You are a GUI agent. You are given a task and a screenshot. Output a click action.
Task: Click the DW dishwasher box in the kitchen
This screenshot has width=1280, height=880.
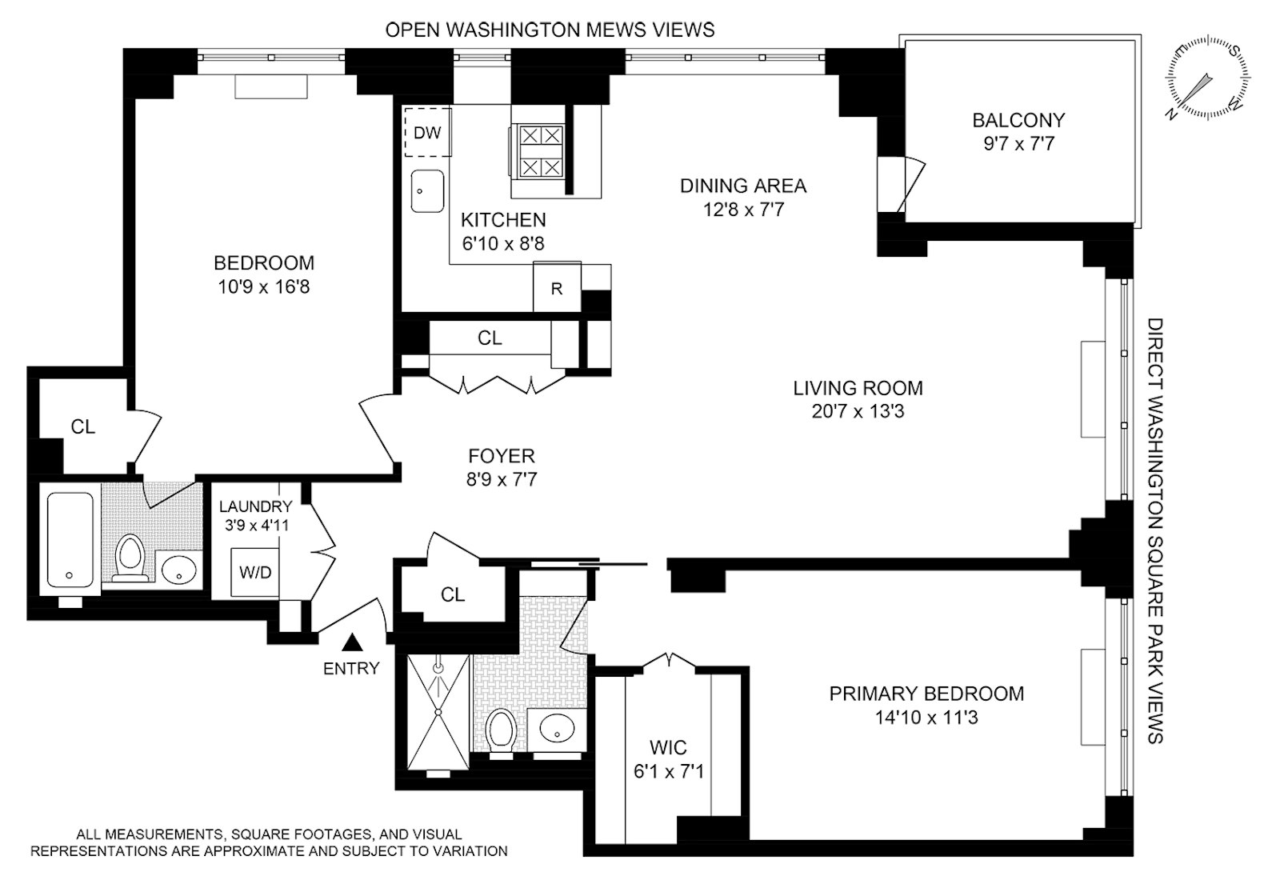pos(427,133)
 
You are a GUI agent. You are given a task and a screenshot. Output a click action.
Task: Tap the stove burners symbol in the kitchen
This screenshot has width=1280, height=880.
pos(541,151)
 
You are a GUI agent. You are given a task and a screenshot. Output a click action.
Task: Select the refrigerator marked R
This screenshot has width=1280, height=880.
pos(557,288)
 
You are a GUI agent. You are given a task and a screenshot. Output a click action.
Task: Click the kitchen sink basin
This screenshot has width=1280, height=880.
pos(427,191)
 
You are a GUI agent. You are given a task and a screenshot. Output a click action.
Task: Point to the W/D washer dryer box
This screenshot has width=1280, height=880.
pos(255,572)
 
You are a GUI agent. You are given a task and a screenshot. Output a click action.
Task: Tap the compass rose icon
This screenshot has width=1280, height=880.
pos(1207,78)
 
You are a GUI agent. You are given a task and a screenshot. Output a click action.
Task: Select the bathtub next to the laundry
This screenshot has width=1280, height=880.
pos(70,540)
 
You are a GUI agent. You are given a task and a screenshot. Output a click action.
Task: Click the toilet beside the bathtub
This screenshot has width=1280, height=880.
pos(130,556)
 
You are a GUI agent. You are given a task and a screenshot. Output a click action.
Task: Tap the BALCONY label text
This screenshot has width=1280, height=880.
pos(1018,121)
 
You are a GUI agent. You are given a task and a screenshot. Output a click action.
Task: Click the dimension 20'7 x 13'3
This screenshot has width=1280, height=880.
pos(858,412)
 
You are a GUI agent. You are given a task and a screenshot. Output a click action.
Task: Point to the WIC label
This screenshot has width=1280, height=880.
pos(668,748)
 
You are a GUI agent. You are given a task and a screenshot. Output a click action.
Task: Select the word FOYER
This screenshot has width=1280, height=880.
pos(502,456)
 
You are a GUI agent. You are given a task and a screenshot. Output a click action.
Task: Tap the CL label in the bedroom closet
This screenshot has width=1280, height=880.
pos(83,427)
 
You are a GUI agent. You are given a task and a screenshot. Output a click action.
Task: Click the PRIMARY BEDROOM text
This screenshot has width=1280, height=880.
pos(926,694)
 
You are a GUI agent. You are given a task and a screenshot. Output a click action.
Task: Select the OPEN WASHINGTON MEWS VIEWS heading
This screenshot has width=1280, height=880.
pos(550,30)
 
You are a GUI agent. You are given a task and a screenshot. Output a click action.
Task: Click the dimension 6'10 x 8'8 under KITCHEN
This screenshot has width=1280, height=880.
pos(503,243)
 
